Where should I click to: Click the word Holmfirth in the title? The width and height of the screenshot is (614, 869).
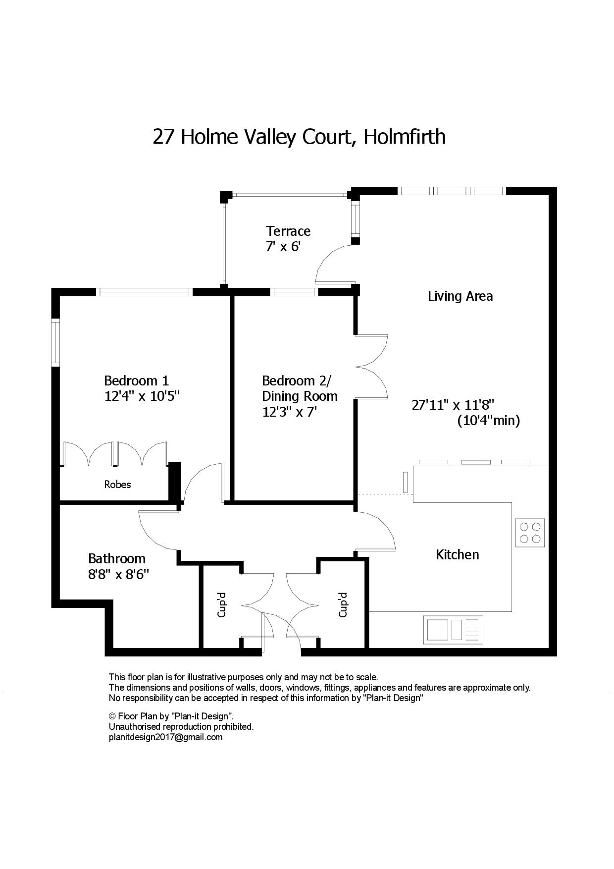coord(404,136)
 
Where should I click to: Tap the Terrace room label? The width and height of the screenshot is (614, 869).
coord(288,231)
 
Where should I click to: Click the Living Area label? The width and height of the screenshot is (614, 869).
coord(460,296)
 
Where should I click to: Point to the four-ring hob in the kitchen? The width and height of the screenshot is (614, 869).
coord(530,533)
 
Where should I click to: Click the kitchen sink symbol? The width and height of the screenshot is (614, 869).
coord(453,630)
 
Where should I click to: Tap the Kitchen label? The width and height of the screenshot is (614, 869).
coord(457,554)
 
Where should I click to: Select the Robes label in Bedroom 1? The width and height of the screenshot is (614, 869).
coord(117,484)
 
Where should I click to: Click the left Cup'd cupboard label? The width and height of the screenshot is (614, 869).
coord(222,605)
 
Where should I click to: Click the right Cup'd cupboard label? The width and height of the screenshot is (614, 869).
coord(343,605)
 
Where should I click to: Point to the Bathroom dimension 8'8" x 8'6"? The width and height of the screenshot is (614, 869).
coord(119,574)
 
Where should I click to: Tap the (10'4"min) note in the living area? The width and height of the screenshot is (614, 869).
coord(488,421)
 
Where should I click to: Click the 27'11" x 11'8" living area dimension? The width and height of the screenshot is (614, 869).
coord(453,405)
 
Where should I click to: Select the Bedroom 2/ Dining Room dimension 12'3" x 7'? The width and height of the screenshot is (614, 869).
coord(289,412)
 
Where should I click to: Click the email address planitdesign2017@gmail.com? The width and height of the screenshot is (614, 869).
coord(165,737)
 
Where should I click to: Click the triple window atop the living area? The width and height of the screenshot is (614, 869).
coord(452,191)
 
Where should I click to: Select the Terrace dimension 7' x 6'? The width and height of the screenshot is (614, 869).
coord(283,246)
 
